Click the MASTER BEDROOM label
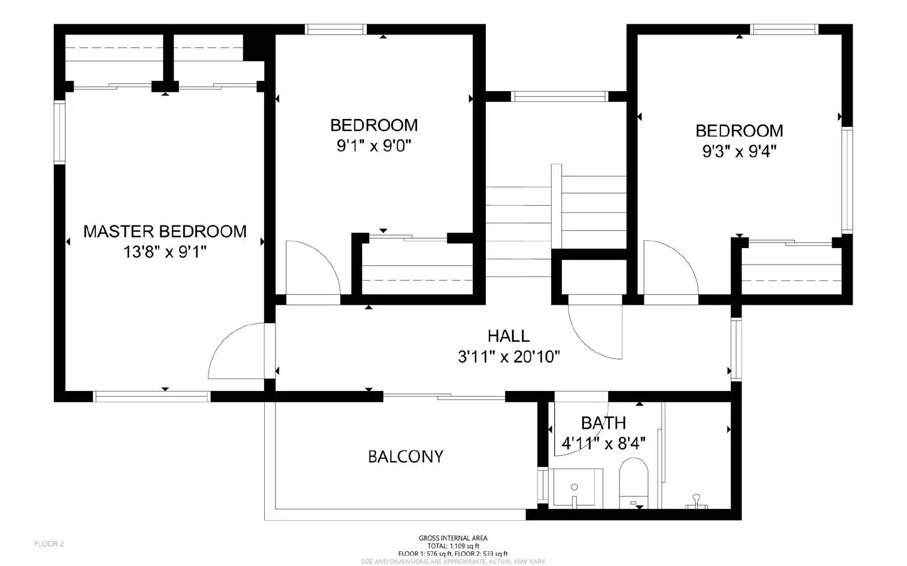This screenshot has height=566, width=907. coord(164,231)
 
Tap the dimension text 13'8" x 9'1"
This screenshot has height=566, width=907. coord(164,252)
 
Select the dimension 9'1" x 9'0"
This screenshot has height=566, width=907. coord(374,146)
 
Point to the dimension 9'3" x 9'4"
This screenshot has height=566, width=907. coord(739,151)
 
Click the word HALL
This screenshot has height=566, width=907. coord(508,336)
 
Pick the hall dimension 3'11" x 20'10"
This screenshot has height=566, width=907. coord(508,356)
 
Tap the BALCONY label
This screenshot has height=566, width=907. coord(405,457)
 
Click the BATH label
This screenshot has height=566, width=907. coord(603,423)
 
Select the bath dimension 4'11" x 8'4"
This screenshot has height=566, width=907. coord(603,443)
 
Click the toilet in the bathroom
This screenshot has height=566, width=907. coord(633,482)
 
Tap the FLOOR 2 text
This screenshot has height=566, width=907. coord(49,544)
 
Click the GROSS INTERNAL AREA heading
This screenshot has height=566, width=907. coord(453,538)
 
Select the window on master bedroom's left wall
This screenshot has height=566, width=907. coord(60,132)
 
